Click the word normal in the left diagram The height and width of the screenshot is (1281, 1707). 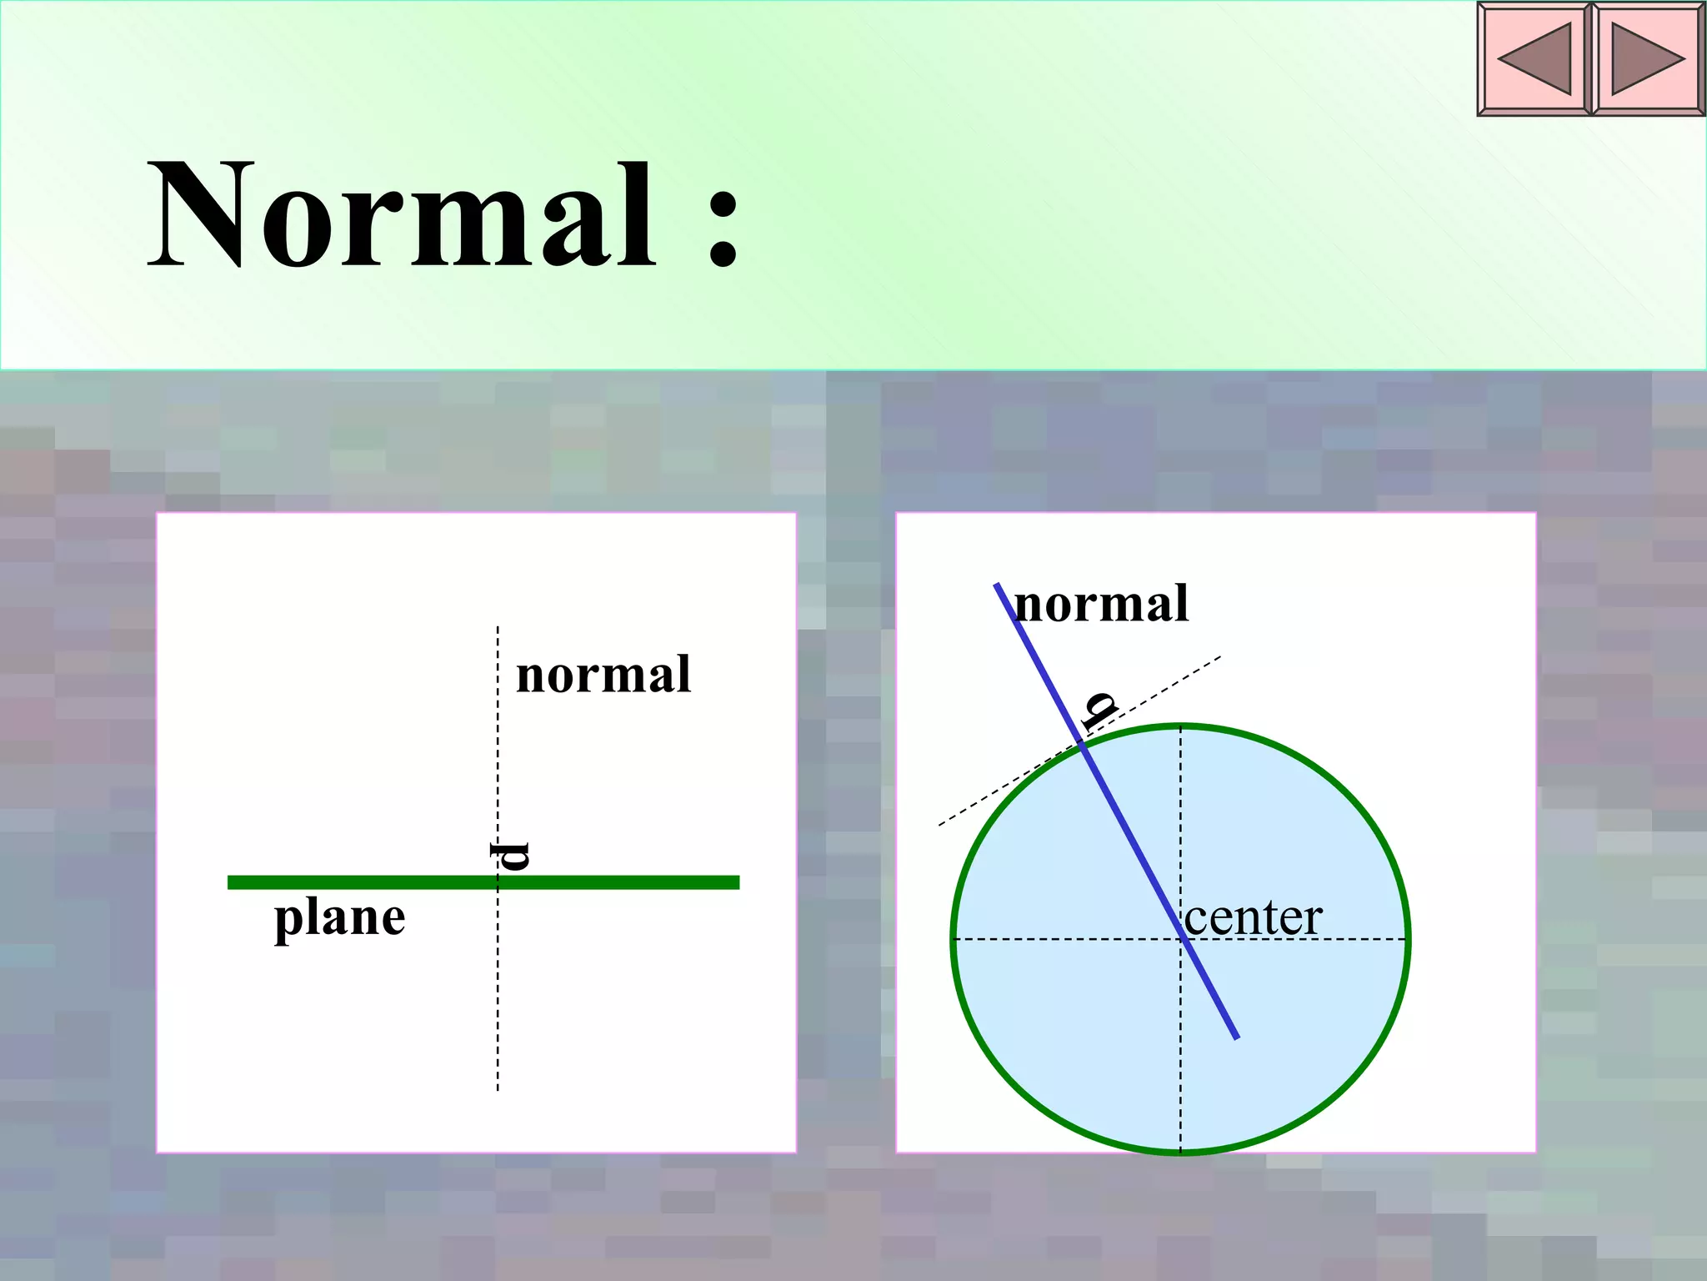(x=603, y=676)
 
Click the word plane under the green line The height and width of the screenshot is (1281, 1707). (x=339, y=917)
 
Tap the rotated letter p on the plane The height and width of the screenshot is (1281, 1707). (x=509, y=856)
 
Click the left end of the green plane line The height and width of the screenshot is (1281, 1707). (x=231, y=882)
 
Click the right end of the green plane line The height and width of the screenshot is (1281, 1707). (x=737, y=882)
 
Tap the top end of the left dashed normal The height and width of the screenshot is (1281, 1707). (x=498, y=627)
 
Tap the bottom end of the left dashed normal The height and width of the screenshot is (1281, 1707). (x=498, y=1089)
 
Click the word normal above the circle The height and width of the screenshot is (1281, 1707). (x=1102, y=604)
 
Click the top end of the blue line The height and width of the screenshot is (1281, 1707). (x=997, y=585)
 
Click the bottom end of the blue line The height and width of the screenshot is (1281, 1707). (x=1237, y=1037)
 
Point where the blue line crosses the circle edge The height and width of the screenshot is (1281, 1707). (x=1082, y=745)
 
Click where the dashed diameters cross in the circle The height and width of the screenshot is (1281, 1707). (x=1180, y=939)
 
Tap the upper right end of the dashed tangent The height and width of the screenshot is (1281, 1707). (x=1220, y=657)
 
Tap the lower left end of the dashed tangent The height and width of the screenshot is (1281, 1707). (x=940, y=825)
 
